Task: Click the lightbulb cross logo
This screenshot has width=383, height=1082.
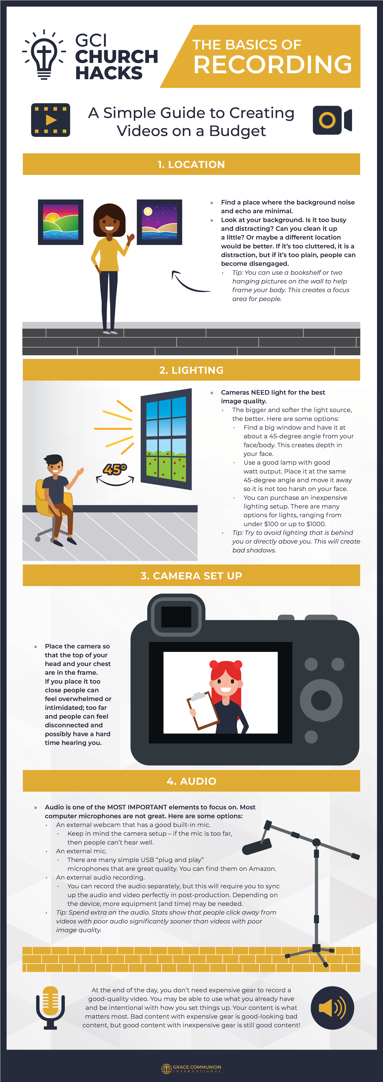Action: point(44,55)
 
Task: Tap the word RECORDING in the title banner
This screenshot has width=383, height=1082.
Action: point(273,64)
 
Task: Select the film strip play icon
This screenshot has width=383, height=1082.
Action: point(50,120)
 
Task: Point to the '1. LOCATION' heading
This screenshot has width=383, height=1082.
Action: point(191,164)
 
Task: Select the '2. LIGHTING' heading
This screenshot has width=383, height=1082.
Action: point(191,370)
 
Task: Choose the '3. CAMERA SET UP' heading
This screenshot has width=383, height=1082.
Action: point(191,575)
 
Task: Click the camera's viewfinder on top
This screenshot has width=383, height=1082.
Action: point(176,615)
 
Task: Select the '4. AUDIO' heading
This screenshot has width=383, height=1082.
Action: point(191,781)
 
